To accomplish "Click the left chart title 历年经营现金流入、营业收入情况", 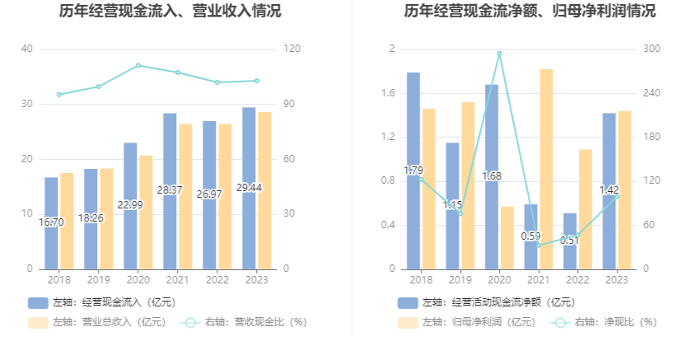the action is (x=170, y=11).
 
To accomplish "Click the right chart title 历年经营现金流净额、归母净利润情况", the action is (x=530, y=11).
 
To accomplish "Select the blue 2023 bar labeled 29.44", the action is (x=249, y=189).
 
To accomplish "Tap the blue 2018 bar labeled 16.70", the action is (x=51, y=223).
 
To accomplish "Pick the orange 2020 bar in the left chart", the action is (x=146, y=213).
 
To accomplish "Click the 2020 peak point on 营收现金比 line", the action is (x=138, y=66).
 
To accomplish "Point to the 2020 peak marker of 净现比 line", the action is (x=500, y=54).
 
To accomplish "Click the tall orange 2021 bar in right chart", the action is (x=547, y=169).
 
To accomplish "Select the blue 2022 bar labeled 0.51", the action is (x=570, y=241).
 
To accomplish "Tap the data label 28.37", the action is (x=170, y=189).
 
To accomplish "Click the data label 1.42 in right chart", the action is (x=609, y=189).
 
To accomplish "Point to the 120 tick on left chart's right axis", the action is (x=292, y=49).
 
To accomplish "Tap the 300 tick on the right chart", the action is (x=651, y=49).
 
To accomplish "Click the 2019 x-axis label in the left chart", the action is (x=99, y=280).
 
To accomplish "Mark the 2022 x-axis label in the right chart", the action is (x=577, y=280).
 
